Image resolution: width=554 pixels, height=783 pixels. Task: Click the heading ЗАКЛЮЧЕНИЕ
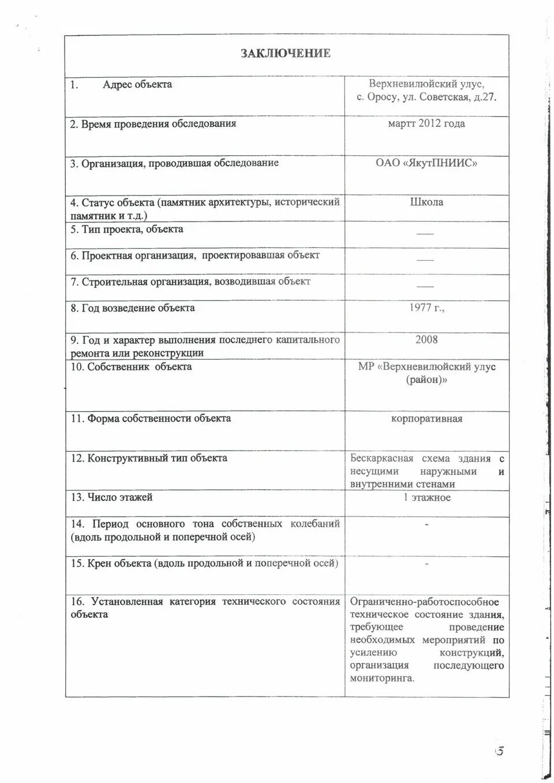[x=286, y=54]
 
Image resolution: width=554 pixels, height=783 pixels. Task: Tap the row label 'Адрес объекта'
[x=137, y=84]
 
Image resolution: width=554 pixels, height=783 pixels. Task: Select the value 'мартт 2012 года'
[x=426, y=123]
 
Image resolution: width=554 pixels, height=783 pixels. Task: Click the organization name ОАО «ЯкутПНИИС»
[x=426, y=163]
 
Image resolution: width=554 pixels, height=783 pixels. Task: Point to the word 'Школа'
[x=426, y=202]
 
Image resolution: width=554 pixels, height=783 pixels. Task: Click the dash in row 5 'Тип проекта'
[x=425, y=234]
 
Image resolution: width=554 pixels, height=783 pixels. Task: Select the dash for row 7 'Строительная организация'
[x=425, y=286]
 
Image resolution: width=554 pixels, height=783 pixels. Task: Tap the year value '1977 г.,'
[x=426, y=308]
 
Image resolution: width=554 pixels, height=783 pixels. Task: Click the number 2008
[x=426, y=339]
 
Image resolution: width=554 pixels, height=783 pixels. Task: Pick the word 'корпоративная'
[x=426, y=418]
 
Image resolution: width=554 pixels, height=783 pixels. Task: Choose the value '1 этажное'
[x=426, y=497]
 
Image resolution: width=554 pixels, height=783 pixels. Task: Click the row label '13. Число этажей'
[x=111, y=497]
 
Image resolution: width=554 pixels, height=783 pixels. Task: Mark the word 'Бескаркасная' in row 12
[x=382, y=458]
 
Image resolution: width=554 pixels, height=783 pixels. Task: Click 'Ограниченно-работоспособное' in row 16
[x=424, y=601]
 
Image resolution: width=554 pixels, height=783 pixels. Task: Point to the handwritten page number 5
[x=500, y=751]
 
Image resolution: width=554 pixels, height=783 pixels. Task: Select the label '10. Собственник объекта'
[x=131, y=366]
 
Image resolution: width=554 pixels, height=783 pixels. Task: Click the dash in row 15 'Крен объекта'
[x=426, y=564]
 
